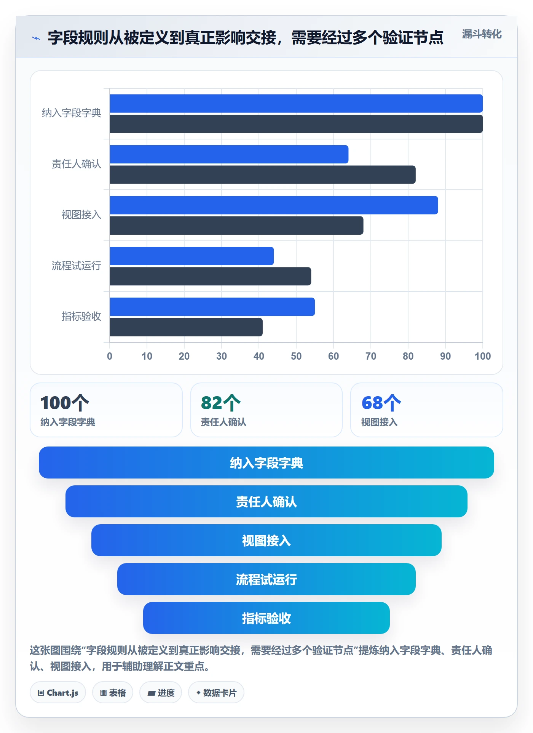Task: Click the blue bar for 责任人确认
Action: (229, 154)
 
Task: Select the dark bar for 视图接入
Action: (236, 226)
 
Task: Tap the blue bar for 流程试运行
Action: (192, 256)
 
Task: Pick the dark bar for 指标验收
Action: (186, 327)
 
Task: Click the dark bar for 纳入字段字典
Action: (296, 124)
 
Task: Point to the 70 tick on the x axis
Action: (371, 356)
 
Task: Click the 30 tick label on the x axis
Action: (222, 356)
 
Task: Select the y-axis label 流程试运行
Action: (77, 266)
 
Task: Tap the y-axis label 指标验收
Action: (81, 316)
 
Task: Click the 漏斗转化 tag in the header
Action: (482, 34)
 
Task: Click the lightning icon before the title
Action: (36, 38)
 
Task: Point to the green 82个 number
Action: (221, 403)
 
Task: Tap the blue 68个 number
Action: (381, 403)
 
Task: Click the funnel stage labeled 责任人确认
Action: (266, 501)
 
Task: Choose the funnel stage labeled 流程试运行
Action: (266, 579)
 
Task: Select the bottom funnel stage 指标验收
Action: (266, 618)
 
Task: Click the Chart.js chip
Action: (58, 693)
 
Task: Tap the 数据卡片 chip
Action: (216, 693)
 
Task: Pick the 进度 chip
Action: (161, 693)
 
